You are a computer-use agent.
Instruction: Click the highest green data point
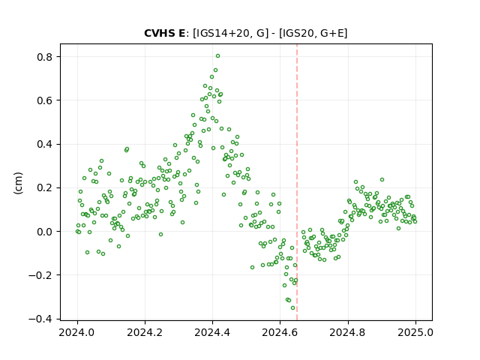[217, 56]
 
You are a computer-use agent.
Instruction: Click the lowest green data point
[293, 308]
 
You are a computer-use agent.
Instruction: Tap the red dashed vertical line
[297, 182]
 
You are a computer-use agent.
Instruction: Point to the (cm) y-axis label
[18, 183]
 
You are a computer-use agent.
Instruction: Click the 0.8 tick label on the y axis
[44, 57]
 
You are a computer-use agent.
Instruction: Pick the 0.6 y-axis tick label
[44, 100]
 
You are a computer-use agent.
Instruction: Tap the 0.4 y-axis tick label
[44, 144]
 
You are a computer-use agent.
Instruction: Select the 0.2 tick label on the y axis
[44, 188]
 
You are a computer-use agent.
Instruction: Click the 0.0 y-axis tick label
[44, 232]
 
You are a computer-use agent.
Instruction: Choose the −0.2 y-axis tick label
[40, 275]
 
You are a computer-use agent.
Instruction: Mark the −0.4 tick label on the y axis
[40, 319]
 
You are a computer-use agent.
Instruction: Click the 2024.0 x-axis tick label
[77, 332]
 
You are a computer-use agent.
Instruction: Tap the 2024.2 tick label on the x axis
[145, 332]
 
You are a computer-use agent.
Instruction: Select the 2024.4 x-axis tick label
[212, 332]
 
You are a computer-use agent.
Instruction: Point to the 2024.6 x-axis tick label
[280, 332]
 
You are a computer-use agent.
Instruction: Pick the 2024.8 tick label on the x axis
[348, 332]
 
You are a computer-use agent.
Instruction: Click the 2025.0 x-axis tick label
[415, 332]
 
